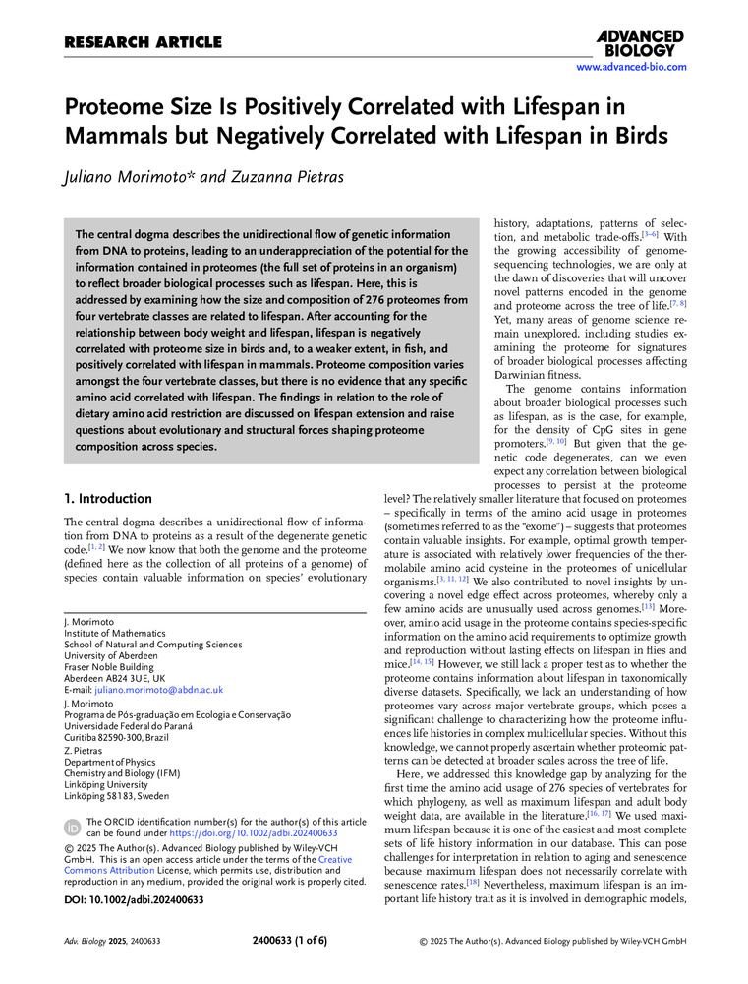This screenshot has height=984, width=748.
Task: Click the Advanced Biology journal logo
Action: coord(640,43)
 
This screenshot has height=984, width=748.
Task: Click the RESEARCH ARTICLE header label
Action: coord(143,42)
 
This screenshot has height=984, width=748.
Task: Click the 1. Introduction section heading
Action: coord(108,499)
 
